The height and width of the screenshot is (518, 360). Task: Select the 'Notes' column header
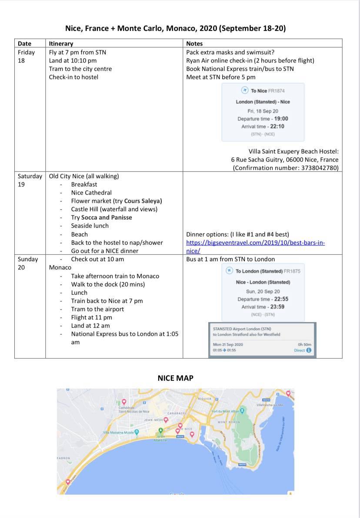(194, 43)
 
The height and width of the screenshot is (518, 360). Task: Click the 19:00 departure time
(279, 118)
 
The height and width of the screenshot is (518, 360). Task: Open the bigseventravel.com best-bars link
(255, 246)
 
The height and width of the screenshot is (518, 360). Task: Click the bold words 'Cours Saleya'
(143, 201)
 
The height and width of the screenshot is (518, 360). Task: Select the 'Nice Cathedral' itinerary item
(91, 193)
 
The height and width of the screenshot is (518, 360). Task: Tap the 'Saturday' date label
(30, 176)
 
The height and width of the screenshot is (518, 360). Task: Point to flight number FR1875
(292, 271)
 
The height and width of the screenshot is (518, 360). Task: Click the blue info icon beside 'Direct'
(309, 350)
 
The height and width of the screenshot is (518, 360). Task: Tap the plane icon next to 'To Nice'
(245, 90)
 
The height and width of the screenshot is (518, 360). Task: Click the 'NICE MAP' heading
(175, 378)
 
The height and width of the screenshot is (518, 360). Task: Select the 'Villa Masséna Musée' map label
(118, 432)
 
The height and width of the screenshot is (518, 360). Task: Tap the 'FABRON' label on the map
(63, 458)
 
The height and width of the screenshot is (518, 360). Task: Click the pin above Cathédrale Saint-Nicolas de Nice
(124, 402)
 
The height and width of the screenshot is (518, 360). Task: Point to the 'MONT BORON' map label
(229, 422)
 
